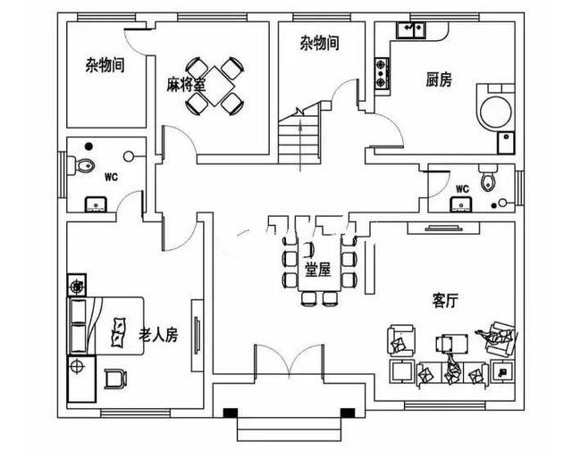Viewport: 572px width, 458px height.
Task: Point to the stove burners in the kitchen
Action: pyautogui.click(x=383, y=74)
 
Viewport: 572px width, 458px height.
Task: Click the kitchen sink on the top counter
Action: pyautogui.click(x=411, y=31)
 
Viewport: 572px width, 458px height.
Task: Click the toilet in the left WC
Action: pyautogui.click(x=85, y=165)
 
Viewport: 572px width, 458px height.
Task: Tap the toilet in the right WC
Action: pyautogui.click(x=487, y=181)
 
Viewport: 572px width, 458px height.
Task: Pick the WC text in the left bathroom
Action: pyautogui.click(x=111, y=176)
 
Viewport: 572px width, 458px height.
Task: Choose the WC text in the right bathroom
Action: pyautogui.click(x=462, y=188)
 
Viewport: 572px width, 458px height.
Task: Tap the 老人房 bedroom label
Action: pyautogui.click(x=158, y=335)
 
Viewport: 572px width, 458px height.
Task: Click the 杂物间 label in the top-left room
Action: pyautogui.click(x=105, y=65)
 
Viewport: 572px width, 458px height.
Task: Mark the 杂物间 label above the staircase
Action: pyautogui.click(x=319, y=42)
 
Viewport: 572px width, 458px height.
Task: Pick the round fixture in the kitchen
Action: pyautogui.click(x=494, y=112)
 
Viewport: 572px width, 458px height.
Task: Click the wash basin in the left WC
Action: pyautogui.click(x=93, y=204)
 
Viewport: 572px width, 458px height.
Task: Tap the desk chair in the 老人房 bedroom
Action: pyautogui.click(x=114, y=379)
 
